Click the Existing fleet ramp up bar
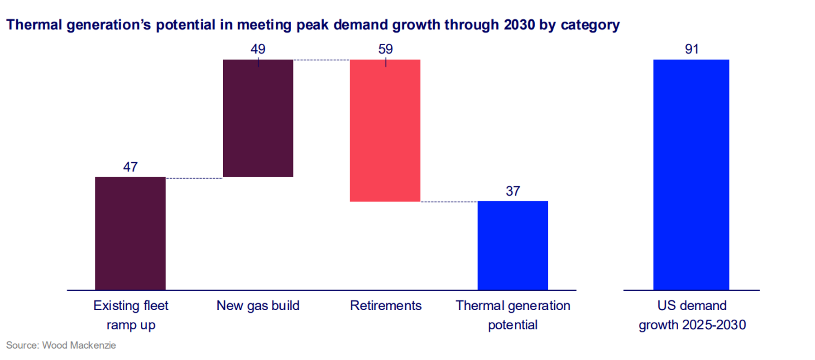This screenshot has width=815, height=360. (130, 233)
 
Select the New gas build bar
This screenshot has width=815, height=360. (258, 118)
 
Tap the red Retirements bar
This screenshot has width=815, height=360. (385, 130)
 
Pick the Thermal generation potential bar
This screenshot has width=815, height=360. (513, 245)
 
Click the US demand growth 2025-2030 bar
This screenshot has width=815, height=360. (691, 175)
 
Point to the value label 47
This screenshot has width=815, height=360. (130, 167)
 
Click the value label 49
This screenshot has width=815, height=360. (258, 49)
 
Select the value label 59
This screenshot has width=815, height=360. (385, 49)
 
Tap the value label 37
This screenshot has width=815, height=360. (513, 191)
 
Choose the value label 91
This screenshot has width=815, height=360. (691, 49)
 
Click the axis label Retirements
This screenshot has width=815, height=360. (385, 306)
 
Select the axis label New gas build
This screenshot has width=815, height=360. (258, 306)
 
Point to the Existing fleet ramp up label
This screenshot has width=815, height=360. (131, 315)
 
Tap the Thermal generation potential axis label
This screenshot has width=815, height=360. (513, 315)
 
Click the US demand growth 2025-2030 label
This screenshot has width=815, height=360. (692, 315)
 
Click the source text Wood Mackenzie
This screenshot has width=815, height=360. (79, 346)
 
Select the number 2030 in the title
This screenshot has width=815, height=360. (519, 25)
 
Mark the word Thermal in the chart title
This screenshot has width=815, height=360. (34, 25)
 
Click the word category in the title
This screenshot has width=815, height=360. (590, 25)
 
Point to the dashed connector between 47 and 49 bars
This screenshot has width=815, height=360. (194, 178)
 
